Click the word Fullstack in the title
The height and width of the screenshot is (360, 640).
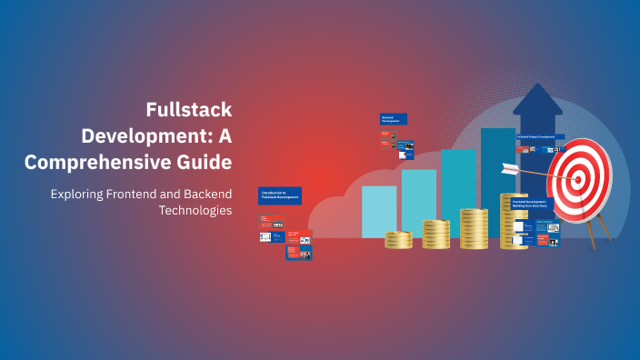pos(189,110)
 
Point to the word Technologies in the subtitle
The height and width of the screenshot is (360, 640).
pos(195,210)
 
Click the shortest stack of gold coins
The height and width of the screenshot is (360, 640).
pos(398,240)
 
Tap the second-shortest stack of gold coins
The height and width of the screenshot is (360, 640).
pos(435,234)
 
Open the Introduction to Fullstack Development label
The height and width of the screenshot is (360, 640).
pos(279,195)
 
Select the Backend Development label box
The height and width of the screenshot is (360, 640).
pos(393,119)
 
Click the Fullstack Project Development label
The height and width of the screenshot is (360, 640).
pos(540,137)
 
